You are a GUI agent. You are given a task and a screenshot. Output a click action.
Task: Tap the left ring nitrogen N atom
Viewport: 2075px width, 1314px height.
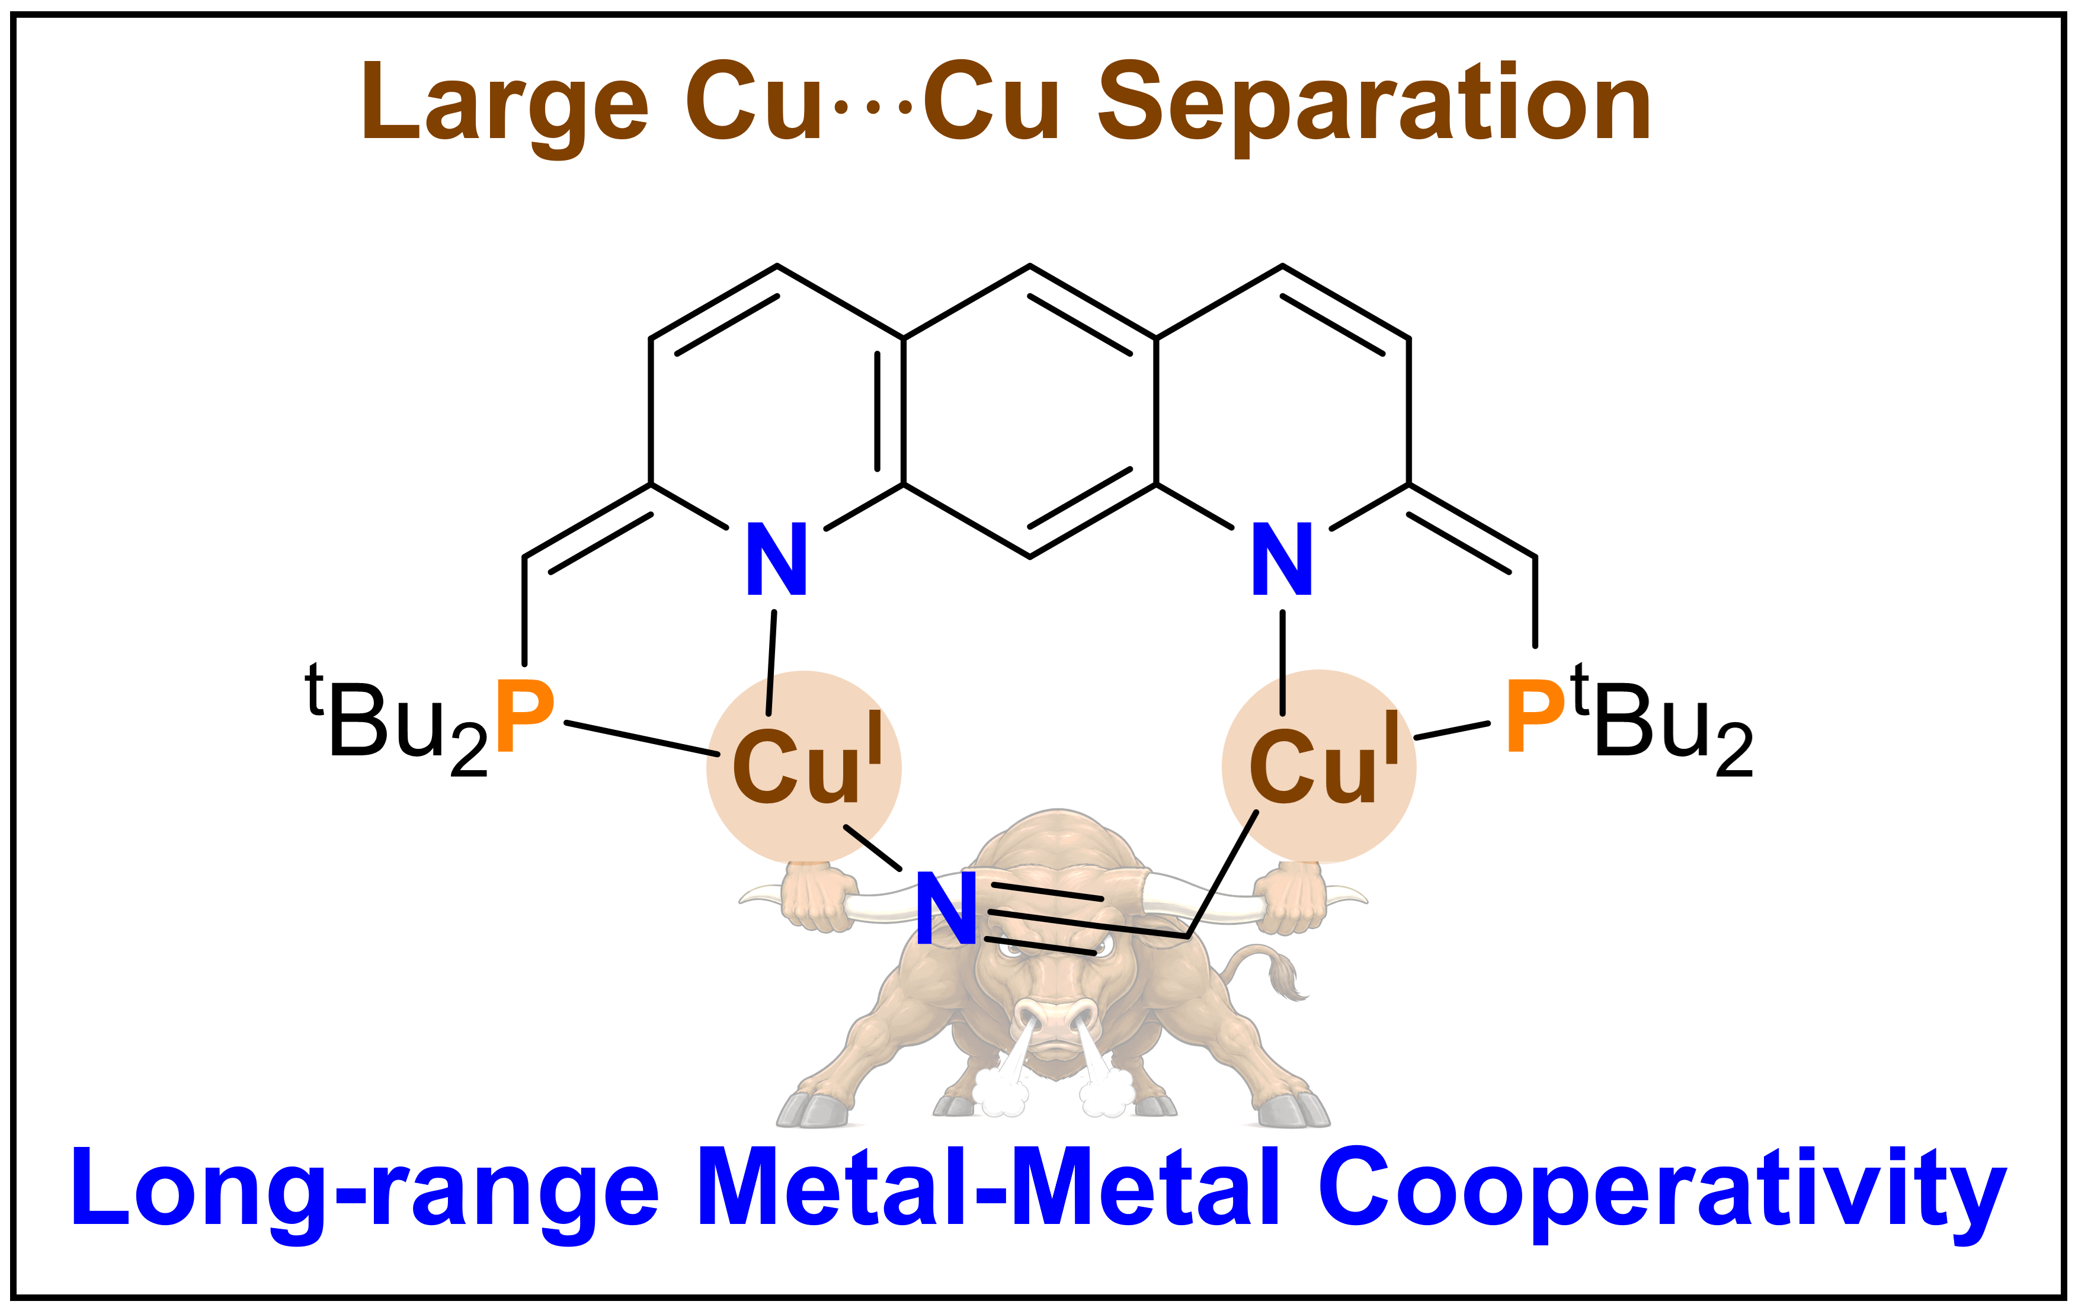pos(776,559)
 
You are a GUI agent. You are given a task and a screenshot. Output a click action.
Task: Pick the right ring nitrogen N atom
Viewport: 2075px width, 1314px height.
pos(1282,559)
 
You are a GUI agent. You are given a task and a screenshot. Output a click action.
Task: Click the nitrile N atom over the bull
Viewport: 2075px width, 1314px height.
pos(946,908)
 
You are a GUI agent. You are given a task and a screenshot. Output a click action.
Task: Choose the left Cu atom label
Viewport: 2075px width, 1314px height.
pos(808,759)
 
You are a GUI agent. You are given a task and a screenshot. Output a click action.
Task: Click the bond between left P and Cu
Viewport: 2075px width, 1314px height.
pos(642,738)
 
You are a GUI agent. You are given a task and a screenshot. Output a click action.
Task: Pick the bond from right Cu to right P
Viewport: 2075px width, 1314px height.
pos(1452,730)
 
